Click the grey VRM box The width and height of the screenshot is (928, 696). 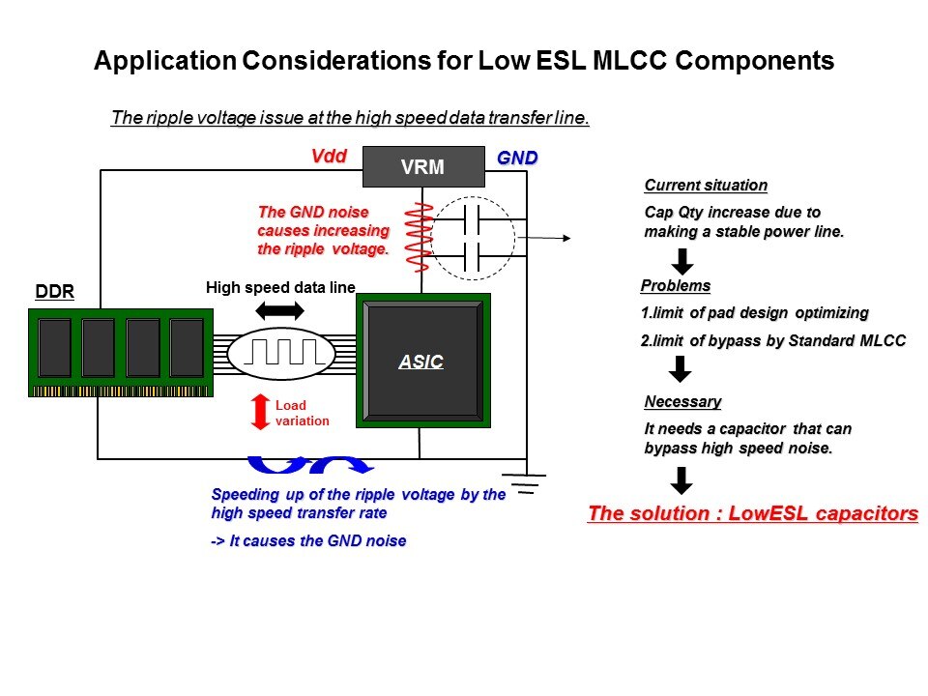pos(422,166)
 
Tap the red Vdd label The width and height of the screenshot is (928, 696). pos(329,156)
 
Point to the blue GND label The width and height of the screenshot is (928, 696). pos(517,157)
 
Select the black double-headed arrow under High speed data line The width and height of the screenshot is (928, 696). pos(280,310)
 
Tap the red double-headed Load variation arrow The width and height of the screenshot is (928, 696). pos(259,412)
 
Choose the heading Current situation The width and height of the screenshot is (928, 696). pos(705,186)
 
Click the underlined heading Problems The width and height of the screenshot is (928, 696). pos(676,286)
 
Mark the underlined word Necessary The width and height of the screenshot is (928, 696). pos(682,401)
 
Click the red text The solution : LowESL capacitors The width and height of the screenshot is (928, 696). pos(752,513)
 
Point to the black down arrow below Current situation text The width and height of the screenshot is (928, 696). pos(681,260)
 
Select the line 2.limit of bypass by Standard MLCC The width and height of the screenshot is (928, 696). pos(772,340)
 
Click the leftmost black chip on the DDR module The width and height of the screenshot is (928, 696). pos(54,347)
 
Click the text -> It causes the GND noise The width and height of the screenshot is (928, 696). pos(307,540)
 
